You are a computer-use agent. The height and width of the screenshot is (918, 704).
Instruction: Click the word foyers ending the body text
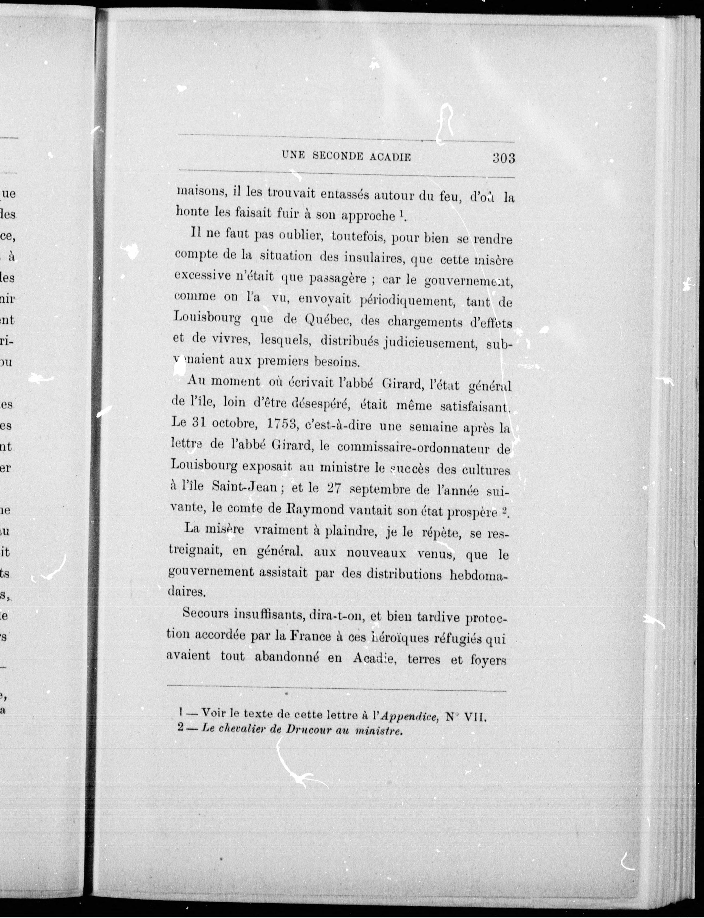pyautogui.click(x=488, y=660)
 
